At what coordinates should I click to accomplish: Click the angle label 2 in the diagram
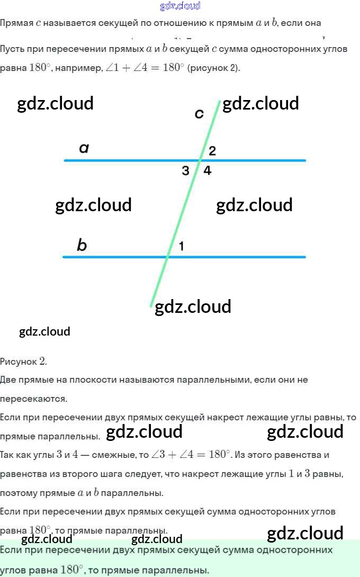click(212, 151)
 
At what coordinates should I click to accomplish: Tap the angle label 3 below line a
click(185, 170)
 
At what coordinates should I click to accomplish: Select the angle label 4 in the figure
click(208, 170)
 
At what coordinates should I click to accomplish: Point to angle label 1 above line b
click(182, 246)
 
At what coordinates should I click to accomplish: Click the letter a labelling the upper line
click(84, 148)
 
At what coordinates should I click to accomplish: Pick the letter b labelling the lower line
click(82, 245)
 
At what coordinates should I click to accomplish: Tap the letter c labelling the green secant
click(199, 113)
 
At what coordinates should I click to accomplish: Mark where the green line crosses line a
click(200, 160)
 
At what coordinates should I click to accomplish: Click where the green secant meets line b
click(168, 257)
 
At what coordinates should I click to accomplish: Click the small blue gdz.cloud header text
click(180, 6)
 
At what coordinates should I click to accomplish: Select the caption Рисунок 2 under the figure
click(23, 362)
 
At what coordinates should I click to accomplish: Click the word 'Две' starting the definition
click(9, 380)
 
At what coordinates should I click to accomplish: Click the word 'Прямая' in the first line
click(16, 23)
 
